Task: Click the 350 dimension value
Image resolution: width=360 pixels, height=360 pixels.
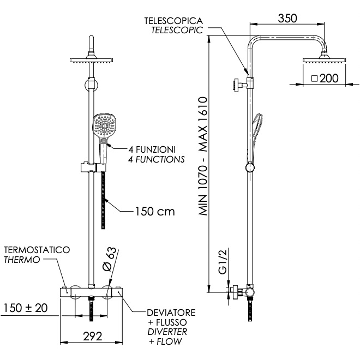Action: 287,19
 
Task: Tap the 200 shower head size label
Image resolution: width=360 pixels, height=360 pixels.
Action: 329,79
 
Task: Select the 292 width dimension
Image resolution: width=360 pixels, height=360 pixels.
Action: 93,337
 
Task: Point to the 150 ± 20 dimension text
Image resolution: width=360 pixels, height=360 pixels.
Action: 26,308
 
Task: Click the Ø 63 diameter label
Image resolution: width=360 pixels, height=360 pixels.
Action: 109,260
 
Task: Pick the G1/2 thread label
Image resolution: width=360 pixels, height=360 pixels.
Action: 222,261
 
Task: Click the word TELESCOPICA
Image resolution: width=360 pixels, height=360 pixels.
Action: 173,21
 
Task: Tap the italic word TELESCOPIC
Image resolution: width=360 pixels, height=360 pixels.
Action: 177,30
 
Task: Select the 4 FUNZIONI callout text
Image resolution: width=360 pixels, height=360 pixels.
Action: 152,149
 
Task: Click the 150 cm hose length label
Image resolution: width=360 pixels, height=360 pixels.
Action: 155,212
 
